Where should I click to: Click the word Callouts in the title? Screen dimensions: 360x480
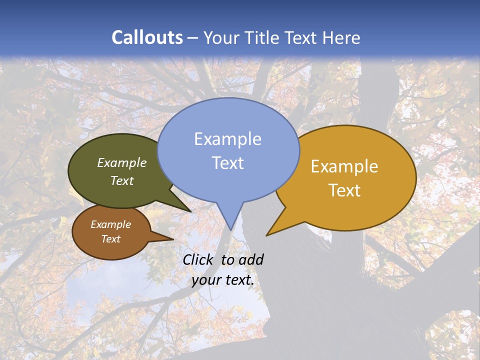(x=147, y=37)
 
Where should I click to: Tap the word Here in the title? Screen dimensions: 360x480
(x=341, y=38)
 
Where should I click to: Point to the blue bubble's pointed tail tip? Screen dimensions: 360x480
(x=230, y=229)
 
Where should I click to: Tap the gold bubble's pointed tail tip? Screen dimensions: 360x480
(x=267, y=235)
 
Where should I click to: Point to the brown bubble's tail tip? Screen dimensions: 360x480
(x=172, y=239)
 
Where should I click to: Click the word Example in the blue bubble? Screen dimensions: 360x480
(x=227, y=139)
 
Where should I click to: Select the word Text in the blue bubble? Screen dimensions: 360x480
(x=228, y=163)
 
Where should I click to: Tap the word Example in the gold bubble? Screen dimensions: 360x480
(x=344, y=166)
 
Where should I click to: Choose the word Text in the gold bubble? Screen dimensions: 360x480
(x=344, y=190)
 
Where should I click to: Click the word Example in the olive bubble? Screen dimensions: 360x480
(x=122, y=163)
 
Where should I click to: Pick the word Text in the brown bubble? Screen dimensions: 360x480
(x=111, y=239)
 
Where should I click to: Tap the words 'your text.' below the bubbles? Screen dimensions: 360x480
(x=223, y=280)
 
